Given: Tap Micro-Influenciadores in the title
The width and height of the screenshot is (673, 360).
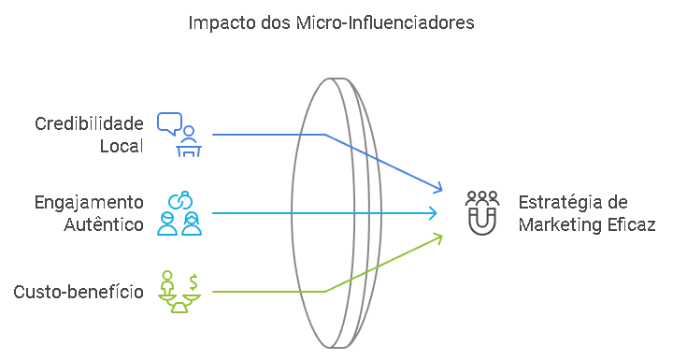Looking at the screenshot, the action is pos(385,22).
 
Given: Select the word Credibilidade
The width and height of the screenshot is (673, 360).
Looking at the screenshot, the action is pos(90,123).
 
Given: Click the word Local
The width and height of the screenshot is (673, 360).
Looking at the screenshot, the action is pos(122,146).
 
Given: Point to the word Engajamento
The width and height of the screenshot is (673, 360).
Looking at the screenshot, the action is pos(89,203).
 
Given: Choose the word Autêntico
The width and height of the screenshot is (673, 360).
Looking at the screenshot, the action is pos(104,224).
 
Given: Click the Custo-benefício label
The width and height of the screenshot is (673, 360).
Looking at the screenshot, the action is pos(79,292).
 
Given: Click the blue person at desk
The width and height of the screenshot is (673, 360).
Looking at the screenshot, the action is pos(189,141).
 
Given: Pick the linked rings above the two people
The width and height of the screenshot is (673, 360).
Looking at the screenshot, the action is pos(180,200).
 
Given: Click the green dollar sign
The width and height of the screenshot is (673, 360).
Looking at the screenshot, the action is pos(193,282).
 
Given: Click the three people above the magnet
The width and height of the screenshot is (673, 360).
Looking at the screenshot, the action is pos(482,198).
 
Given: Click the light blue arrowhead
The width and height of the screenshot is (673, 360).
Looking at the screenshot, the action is pos(433,213).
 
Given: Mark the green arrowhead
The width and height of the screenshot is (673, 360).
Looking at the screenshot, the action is pos(437,238).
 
